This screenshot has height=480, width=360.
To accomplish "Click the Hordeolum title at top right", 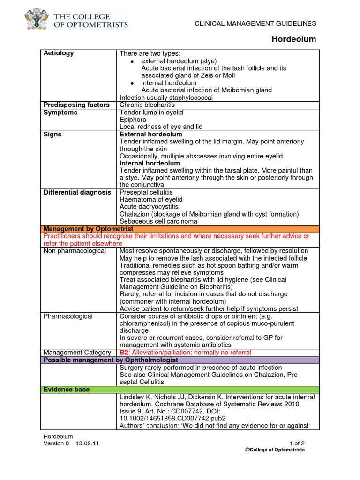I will tap(294, 39).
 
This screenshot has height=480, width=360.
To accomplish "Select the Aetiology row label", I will tap(59, 53).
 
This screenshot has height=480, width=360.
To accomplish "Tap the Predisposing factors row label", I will tap(76, 105).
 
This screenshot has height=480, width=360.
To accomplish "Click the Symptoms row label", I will tap(60, 112).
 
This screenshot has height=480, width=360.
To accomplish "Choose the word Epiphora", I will tap(134, 120).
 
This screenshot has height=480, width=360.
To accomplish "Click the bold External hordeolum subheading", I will tap(151, 135).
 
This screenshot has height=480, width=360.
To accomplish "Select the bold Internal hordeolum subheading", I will tap(150, 163).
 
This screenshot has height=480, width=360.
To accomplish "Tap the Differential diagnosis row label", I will tap(77, 192).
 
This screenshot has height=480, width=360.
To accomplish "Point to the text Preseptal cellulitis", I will tap(146, 192).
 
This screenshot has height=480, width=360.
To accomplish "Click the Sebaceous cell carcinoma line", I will tap(158, 221).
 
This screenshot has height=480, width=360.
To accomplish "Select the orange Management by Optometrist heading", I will tap(88, 229).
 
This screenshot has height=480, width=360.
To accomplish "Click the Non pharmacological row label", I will tap(75, 251).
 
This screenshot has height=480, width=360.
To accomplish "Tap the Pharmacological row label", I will tap(68, 316).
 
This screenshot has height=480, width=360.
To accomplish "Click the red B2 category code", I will tap(124, 352).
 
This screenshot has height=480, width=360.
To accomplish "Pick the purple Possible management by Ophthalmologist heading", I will tap(109, 360).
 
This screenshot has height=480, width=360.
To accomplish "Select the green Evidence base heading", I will tap(67, 390).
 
